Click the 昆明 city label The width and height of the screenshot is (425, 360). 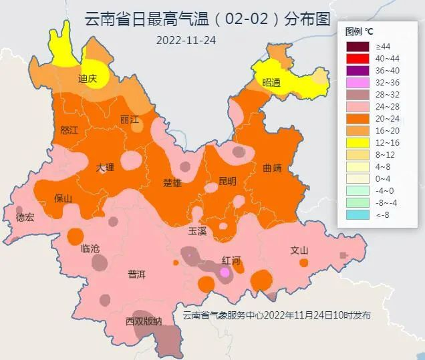point(227,181)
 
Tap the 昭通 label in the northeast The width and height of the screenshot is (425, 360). point(271,83)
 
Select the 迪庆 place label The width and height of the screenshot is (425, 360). point(88,79)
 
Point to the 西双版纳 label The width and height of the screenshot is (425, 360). point(144,322)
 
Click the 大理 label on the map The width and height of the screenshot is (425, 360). point(105,167)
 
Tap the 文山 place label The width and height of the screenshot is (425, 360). point(299,250)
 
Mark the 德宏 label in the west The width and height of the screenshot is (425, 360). point(25,217)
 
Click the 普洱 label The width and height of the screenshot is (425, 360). point(136,275)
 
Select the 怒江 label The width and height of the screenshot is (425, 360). point(69,130)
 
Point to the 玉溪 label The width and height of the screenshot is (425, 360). point(197,231)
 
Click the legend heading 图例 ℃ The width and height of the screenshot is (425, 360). point(359,31)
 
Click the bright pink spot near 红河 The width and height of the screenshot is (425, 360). point(225,273)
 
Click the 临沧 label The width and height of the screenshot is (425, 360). point(90,248)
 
